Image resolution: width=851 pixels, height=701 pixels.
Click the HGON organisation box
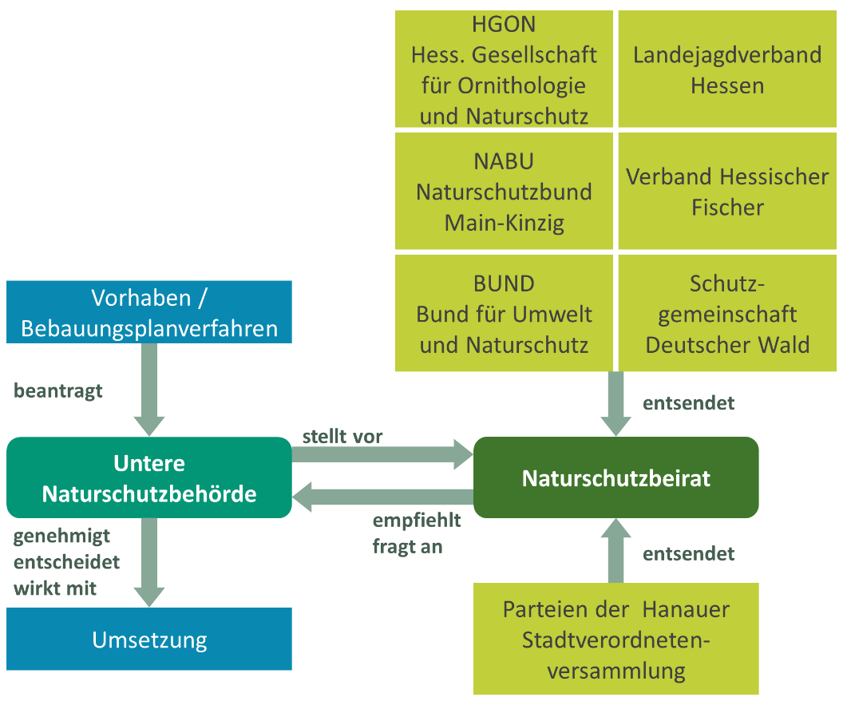click(504, 69)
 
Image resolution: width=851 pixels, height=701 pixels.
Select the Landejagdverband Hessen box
click(726, 69)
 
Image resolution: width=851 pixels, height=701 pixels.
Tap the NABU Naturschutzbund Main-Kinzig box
click(504, 192)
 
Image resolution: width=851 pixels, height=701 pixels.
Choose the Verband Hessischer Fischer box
click(726, 192)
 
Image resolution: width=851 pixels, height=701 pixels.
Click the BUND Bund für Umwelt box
click(504, 314)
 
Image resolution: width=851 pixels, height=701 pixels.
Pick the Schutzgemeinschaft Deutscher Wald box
click(726, 314)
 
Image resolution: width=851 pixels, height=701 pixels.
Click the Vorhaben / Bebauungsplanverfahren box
click(149, 312)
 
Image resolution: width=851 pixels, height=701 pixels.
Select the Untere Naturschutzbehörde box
click(149, 477)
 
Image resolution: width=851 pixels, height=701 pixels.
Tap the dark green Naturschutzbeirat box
click(615, 477)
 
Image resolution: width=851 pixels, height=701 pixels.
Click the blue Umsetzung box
click(149, 640)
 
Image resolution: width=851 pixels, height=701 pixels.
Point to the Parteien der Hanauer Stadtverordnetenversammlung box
click(615, 640)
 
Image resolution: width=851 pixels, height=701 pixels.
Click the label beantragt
click(58, 391)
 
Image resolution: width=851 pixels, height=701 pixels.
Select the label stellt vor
click(342, 437)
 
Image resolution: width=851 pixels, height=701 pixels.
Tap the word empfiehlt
click(417, 521)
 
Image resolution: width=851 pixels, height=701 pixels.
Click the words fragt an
click(407, 547)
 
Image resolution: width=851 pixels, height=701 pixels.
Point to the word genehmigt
click(61, 536)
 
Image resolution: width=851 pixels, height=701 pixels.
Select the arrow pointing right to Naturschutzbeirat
click(383, 455)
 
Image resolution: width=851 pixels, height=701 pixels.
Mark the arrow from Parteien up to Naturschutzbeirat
click(615, 551)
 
